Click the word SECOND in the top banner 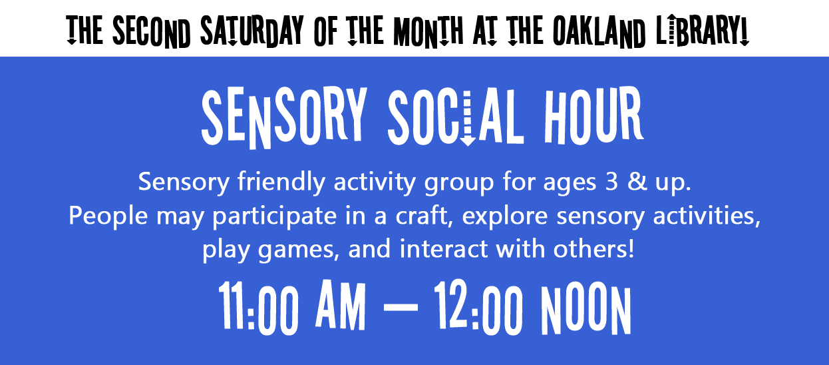(x=152, y=31)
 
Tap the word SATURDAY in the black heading (x=252, y=31)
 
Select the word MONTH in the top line (x=428, y=31)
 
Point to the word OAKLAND (x=599, y=31)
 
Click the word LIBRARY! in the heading (x=703, y=31)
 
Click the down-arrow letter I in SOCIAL (x=468, y=118)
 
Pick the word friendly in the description (x=281, y=182)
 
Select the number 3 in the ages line (x=611, y=182)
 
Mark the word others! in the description (x=593, y=248)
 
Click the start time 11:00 (x=258, y=308)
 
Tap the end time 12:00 (x=478, y=308)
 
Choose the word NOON (x=585, y=308)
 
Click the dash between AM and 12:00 (x=401, y=307)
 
